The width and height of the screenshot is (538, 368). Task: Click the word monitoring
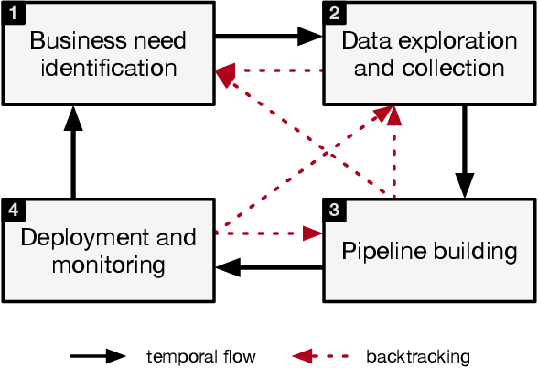pos(107,265)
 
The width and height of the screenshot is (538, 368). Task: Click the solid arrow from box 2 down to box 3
pos(465,151)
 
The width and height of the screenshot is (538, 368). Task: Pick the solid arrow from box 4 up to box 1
pos(72,151)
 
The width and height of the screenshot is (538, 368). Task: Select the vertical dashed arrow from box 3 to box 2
pos(394,151)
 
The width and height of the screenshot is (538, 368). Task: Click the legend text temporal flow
pos(201,356)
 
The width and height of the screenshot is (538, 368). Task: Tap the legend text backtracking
pos(416,356)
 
